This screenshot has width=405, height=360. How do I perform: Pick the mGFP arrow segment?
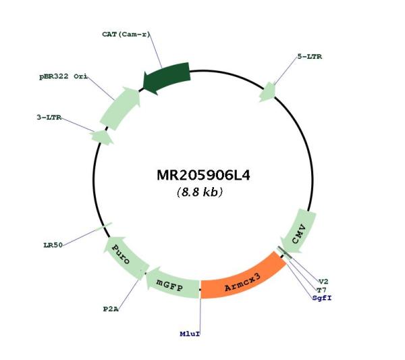tap(171, 284)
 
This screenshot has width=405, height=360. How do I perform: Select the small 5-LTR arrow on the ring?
tap(268, 92)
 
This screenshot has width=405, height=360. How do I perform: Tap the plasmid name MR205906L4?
tap(203, 175)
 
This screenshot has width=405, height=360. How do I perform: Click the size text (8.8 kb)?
tap(200, 192)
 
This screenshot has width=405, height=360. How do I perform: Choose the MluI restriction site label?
tap(190, 334)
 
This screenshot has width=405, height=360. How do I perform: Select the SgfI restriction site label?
tap(322, 298)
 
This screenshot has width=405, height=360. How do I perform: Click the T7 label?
tap(321, 290)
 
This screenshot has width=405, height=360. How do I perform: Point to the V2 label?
tap(323, 282)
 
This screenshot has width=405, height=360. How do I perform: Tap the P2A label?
tap(111, 309)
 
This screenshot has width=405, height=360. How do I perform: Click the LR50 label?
tap(53, 245)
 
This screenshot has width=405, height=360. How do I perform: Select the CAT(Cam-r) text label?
tap(126, 34)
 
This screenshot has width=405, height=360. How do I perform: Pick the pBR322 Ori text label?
tap(63, 76)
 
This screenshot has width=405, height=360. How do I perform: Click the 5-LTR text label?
tap(310, 57)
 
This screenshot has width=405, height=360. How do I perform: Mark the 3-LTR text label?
tap(49, 118)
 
